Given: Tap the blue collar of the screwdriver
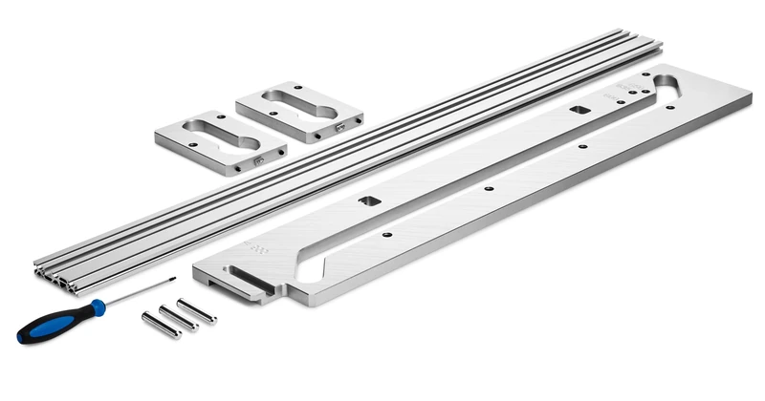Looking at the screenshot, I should click(97, 308).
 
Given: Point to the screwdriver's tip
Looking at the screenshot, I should click(174, 280).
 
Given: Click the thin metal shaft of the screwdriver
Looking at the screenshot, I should click(139, 293).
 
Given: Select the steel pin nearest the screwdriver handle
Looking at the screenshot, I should click(161, 325).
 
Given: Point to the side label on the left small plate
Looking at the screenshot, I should click(259, 162).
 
